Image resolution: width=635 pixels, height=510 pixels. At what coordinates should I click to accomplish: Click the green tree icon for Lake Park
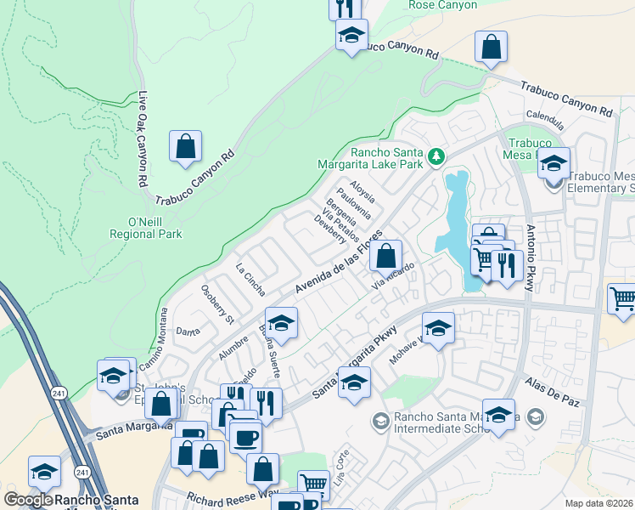pyautogui.click(x=436, y=156)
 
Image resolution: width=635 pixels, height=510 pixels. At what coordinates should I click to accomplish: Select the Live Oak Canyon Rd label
pyautogui.click(x=143, y=139)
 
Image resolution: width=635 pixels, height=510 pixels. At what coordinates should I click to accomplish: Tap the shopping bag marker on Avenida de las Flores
pyautogui.click(x=385, y=255)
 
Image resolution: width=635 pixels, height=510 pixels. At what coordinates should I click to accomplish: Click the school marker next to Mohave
pyautogui.click(x=438, y=329)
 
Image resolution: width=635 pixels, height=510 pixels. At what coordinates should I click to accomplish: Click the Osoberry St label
pyautogui.click(x=216, y=303)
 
